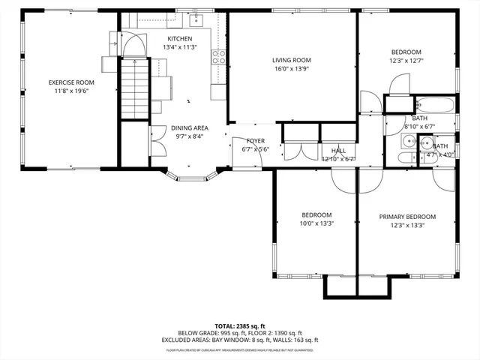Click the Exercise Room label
[71, 82]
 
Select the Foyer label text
[255, 139]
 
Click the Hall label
[337, 150]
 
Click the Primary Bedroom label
[406, 217]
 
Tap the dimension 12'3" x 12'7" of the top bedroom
[406, 61]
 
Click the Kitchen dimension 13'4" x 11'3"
[179, 47]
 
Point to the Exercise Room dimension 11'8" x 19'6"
[71, 91]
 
